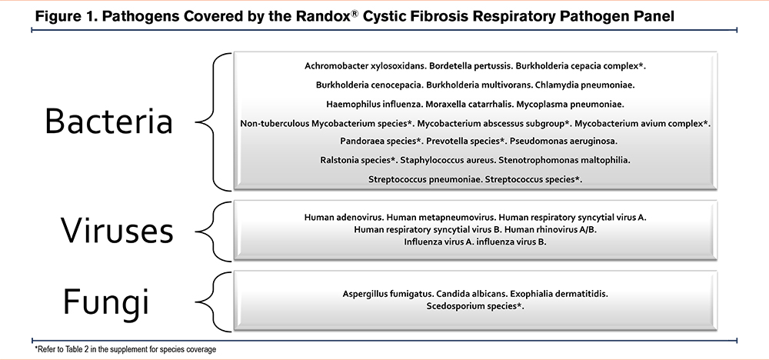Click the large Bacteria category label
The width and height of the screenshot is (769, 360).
point(108,121)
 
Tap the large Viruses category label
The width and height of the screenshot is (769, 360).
point(117,230)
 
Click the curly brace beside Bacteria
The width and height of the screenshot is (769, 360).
point(213,122)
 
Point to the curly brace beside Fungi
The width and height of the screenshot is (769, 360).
point(213,301)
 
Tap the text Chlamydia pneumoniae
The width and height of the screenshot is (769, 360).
point(585,85)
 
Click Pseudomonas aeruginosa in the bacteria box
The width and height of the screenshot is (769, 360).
point(564,142)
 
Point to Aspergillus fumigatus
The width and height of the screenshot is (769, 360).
point(388,295)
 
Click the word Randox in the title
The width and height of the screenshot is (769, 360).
point(324,16)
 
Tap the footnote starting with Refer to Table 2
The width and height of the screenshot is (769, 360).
point(125,350)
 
